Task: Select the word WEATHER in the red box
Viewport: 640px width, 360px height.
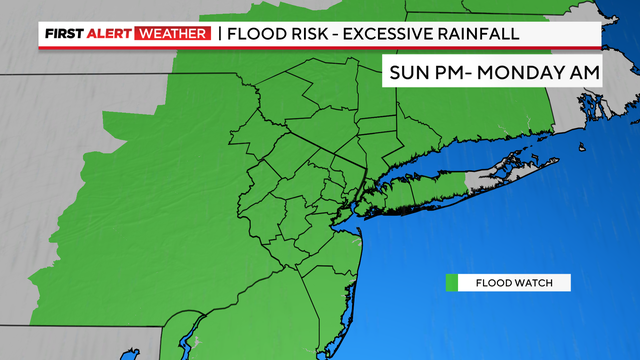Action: [174, 35]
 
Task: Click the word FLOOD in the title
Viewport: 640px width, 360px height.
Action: [258, 35]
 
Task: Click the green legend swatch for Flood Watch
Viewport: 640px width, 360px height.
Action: [451, 283]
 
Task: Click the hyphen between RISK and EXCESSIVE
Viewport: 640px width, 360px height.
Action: [346, 35]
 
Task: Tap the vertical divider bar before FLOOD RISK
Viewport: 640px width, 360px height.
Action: [219, 35]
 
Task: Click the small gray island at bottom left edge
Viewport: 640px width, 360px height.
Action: [128, 354]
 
